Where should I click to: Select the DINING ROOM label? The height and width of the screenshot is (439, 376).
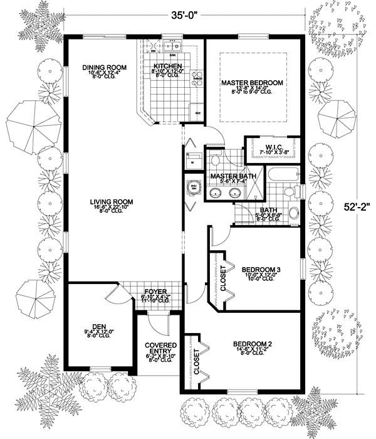point(103,66)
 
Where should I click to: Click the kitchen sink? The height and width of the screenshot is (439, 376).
point(174,46)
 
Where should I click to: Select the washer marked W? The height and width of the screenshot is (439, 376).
point(192,159)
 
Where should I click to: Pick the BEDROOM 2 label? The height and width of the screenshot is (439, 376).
point(255,344)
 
